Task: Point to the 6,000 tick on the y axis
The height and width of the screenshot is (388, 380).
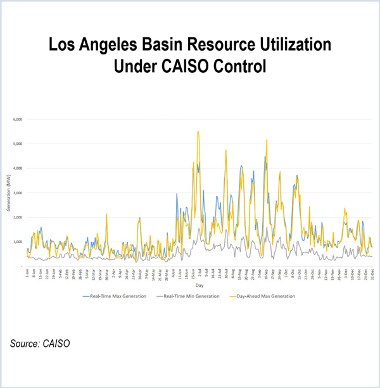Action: tap(18, 119)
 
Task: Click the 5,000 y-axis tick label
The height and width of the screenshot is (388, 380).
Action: tap(18, 144)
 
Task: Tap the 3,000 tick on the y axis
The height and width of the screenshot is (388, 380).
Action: tap(18, 192)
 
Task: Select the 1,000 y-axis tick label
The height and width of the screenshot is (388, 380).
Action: tap(18, 242)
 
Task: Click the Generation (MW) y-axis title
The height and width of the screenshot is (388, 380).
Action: tap(7, 193)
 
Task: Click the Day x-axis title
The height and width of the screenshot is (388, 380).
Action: tap(199, 286)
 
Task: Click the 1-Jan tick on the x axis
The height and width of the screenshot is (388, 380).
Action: tap(27, 274)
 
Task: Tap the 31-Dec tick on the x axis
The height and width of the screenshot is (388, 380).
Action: tap(371, 274)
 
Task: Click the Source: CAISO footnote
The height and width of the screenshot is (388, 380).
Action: tap(40, 344)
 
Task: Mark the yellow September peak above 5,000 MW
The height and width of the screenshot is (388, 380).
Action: tap(267, 141)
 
